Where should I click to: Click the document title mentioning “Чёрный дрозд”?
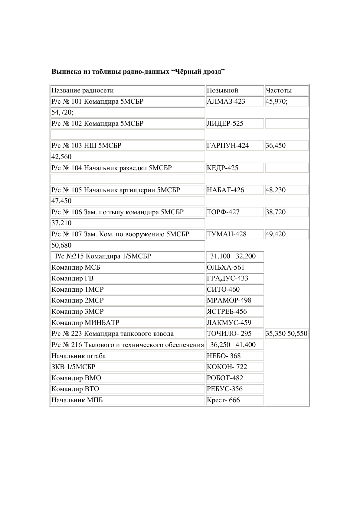[138, 72]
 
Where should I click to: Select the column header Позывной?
[222, 90]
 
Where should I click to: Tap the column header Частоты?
[278, 90]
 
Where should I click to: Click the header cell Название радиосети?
[83, 90]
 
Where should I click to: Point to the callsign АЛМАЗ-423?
[226, 102]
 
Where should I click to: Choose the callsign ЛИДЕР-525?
[225, 124]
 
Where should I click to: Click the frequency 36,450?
[275, 146]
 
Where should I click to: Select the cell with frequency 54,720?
[62, 112]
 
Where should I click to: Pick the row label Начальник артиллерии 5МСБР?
[116, 190]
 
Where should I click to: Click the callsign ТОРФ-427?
[223, 212]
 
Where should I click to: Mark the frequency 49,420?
[275, 234]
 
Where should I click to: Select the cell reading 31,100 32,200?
[233, 256]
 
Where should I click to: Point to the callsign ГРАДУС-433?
[227, 278]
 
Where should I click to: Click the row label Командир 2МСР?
[77, 300]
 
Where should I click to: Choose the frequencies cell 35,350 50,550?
[286, 334]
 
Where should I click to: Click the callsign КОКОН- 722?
[227, 367]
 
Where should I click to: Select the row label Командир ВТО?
[75, 389]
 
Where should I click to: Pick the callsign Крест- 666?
[223, 400]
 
